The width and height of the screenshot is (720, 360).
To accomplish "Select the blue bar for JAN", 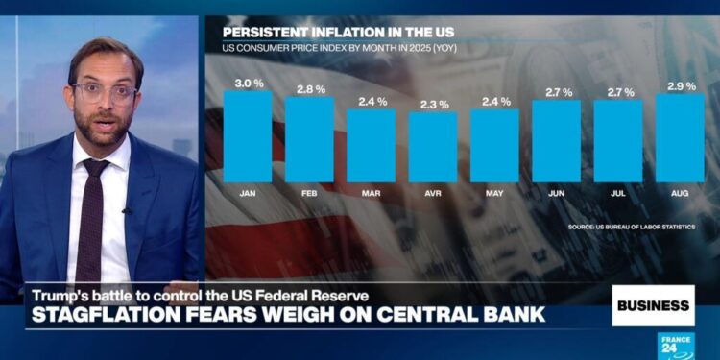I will (x=248, y=136).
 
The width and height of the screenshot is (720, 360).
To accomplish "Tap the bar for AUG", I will (x=680, y=137).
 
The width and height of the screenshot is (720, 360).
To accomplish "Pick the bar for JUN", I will (x=556, y=141).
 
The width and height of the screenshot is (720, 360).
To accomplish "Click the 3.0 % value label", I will (x=248, y=83).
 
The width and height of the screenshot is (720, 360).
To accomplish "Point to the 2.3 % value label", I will (x=433, y=104).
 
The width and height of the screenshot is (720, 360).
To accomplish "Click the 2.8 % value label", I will (x=309, y=88).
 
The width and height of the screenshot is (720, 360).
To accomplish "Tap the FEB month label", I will (x=309, y=193).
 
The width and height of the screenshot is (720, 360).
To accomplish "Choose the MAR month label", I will (x=371, y=193).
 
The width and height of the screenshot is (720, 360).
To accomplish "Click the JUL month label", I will (x=617, y=193).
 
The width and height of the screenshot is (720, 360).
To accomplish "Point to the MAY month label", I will (x=494, y=193).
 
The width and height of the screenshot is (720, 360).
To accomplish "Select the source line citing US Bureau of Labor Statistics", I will (x=631, y=227).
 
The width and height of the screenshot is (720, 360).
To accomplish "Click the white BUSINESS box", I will (x=653, y=305).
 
